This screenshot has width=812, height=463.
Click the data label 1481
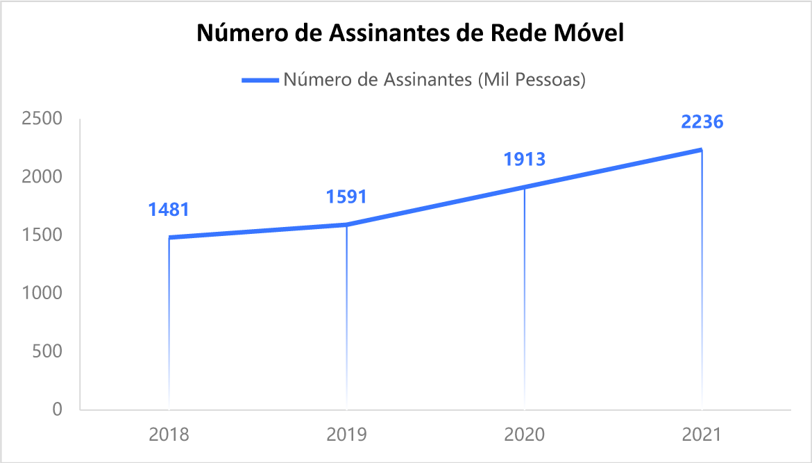coord(169,209)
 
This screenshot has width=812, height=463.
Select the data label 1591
coord(346,196)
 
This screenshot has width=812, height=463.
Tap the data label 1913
coord(524,159)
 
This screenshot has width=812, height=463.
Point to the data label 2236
coord(702,122)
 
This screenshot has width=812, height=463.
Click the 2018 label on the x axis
coord(169,435)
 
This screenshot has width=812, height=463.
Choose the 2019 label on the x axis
coord(346,435)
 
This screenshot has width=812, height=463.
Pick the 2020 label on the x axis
coord(524,435)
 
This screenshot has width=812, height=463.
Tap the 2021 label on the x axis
coord(702,435)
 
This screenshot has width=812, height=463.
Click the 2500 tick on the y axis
coord(42,119)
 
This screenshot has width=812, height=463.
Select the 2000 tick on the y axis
coord(42,177)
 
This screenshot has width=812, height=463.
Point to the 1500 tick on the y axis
coord(42,235)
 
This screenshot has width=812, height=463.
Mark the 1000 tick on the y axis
coord(42,294)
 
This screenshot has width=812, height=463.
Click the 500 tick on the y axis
coord(46,352)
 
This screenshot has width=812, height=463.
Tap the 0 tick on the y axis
coord(57,410)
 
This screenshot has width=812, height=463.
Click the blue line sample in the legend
coord(260,80)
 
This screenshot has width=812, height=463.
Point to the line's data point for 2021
coord(702,150)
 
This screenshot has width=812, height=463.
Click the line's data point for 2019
coord(346,225)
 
